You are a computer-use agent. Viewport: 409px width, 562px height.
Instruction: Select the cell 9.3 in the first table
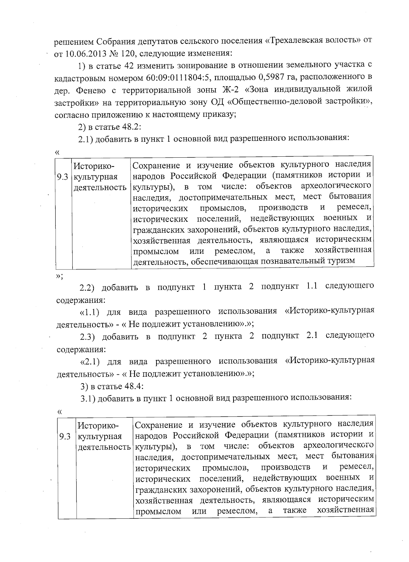coord(64,177)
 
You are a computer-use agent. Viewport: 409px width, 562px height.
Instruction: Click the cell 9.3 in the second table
coord(65,436)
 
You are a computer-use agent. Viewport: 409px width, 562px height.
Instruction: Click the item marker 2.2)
coord(90,287)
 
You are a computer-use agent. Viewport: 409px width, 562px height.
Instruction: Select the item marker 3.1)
coord(90,399)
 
